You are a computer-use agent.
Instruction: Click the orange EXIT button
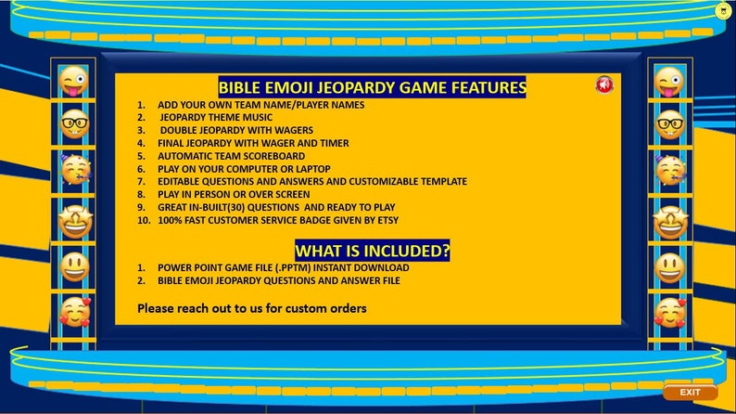point(690,393)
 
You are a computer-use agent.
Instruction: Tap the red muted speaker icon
point(604,85)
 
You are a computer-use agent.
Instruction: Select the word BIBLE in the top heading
point(240,88)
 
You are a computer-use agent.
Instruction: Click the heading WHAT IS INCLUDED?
point(372,251)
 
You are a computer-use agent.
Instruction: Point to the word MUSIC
point(254,118)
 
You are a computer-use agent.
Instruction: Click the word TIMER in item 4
point(333,144)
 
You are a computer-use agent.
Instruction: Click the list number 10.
point(144,221)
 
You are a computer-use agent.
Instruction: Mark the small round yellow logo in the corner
point(722,11)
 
